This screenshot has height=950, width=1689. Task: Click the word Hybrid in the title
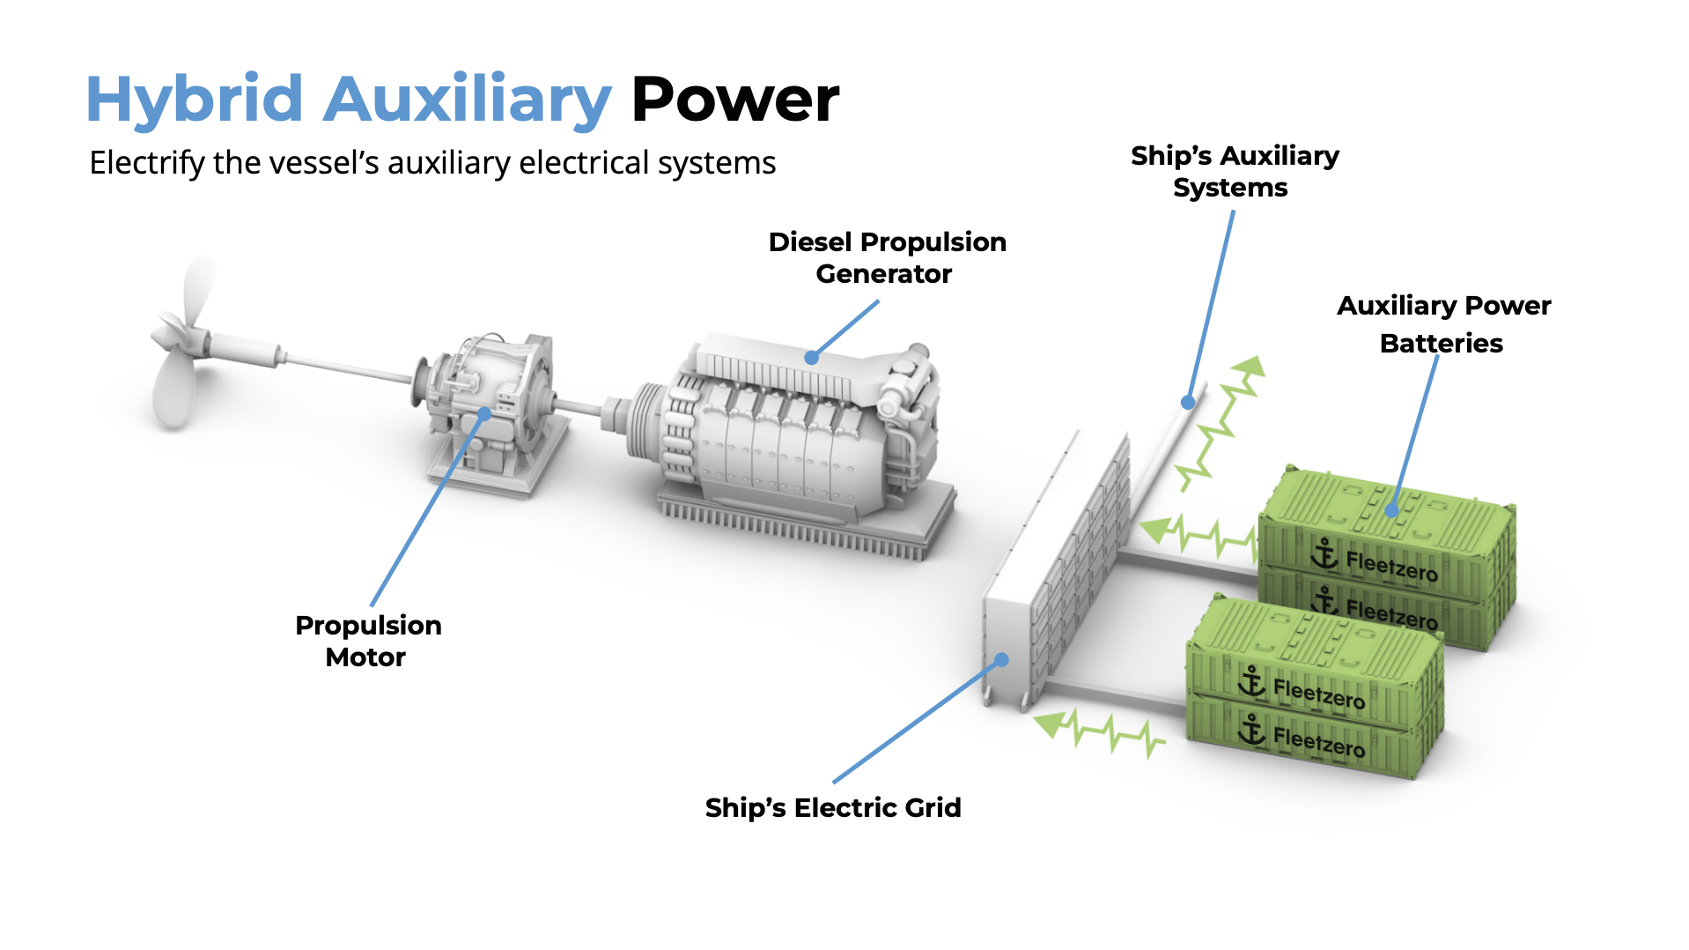click(194, 99)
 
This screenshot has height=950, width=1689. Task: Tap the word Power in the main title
click(735, 99)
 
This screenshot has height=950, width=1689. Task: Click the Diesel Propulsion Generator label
click(886, 257)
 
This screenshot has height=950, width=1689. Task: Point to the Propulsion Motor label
click(367, 641)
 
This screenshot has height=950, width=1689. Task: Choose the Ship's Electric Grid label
click(832, 807)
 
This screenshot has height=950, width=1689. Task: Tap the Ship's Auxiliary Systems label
click(1234, 172)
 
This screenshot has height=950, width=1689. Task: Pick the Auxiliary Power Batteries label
click(1442, 323)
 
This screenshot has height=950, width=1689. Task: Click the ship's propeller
click(181, 344)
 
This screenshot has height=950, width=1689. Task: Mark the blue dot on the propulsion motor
click(484, 413)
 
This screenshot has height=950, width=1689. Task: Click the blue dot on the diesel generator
click(811, 358)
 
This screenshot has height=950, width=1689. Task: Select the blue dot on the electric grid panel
click(1001, 659)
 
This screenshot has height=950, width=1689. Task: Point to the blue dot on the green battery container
click(1391, 509)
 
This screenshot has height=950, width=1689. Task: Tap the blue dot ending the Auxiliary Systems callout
click(1188, 403)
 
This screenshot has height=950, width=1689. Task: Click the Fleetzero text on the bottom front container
click(1319, 744)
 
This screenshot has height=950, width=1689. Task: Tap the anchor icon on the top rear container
click(1324, 553)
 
